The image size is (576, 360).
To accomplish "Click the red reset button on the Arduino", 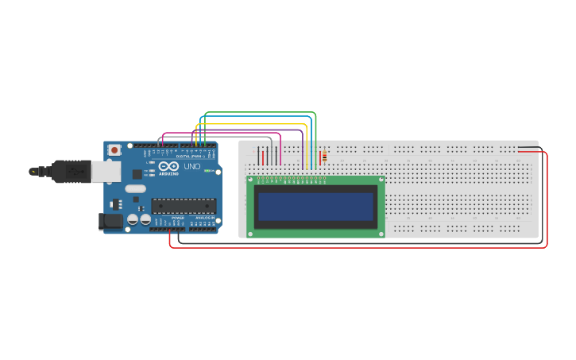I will tap(114, 149).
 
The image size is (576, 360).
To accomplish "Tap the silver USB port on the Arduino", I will tap(105, 171).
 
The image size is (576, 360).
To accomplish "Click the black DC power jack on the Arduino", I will tap(110, 222).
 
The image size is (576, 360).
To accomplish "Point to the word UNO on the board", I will tap(192, 167).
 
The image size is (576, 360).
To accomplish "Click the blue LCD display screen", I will tap(315, 207).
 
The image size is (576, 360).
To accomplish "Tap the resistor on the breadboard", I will tap(324, 157).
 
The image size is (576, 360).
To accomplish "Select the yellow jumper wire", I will tap(254, 125).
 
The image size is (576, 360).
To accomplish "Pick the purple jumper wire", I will tap(238, 130).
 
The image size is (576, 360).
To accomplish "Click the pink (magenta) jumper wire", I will tap(222, 133).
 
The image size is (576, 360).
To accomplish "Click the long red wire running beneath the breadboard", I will tap(358, 247).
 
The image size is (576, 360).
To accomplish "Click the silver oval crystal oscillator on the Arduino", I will tap(135, 189).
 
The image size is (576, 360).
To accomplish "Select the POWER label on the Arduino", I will tap(177, 216).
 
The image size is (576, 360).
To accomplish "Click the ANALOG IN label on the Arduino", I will tap(205, 216).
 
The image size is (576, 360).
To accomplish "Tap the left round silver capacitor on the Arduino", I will tap(133, 219).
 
